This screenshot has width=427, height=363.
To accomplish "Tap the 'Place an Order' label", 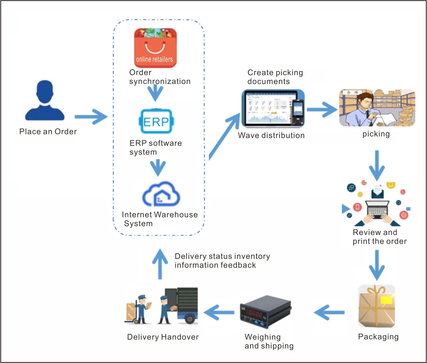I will [x=48, y=132].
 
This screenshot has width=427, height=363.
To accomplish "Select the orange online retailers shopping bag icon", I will [x=155, y=48].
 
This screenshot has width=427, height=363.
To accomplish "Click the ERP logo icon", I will [x=156, y=121].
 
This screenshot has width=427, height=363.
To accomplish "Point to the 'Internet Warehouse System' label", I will [x=160, y=219].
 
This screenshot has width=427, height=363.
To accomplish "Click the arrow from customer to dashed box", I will [x=91, y=116].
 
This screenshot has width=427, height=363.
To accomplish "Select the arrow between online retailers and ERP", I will [x=156, y=93].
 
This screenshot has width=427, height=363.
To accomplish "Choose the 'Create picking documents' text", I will [x=275, y=77].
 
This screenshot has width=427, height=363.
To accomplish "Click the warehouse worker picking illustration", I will [x=377, y=108].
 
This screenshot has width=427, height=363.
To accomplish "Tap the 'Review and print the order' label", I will [x=379, y=237].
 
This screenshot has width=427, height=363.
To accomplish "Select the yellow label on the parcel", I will [x=384, y=300].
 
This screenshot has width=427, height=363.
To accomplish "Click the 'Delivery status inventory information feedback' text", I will [x=222, y=261].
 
